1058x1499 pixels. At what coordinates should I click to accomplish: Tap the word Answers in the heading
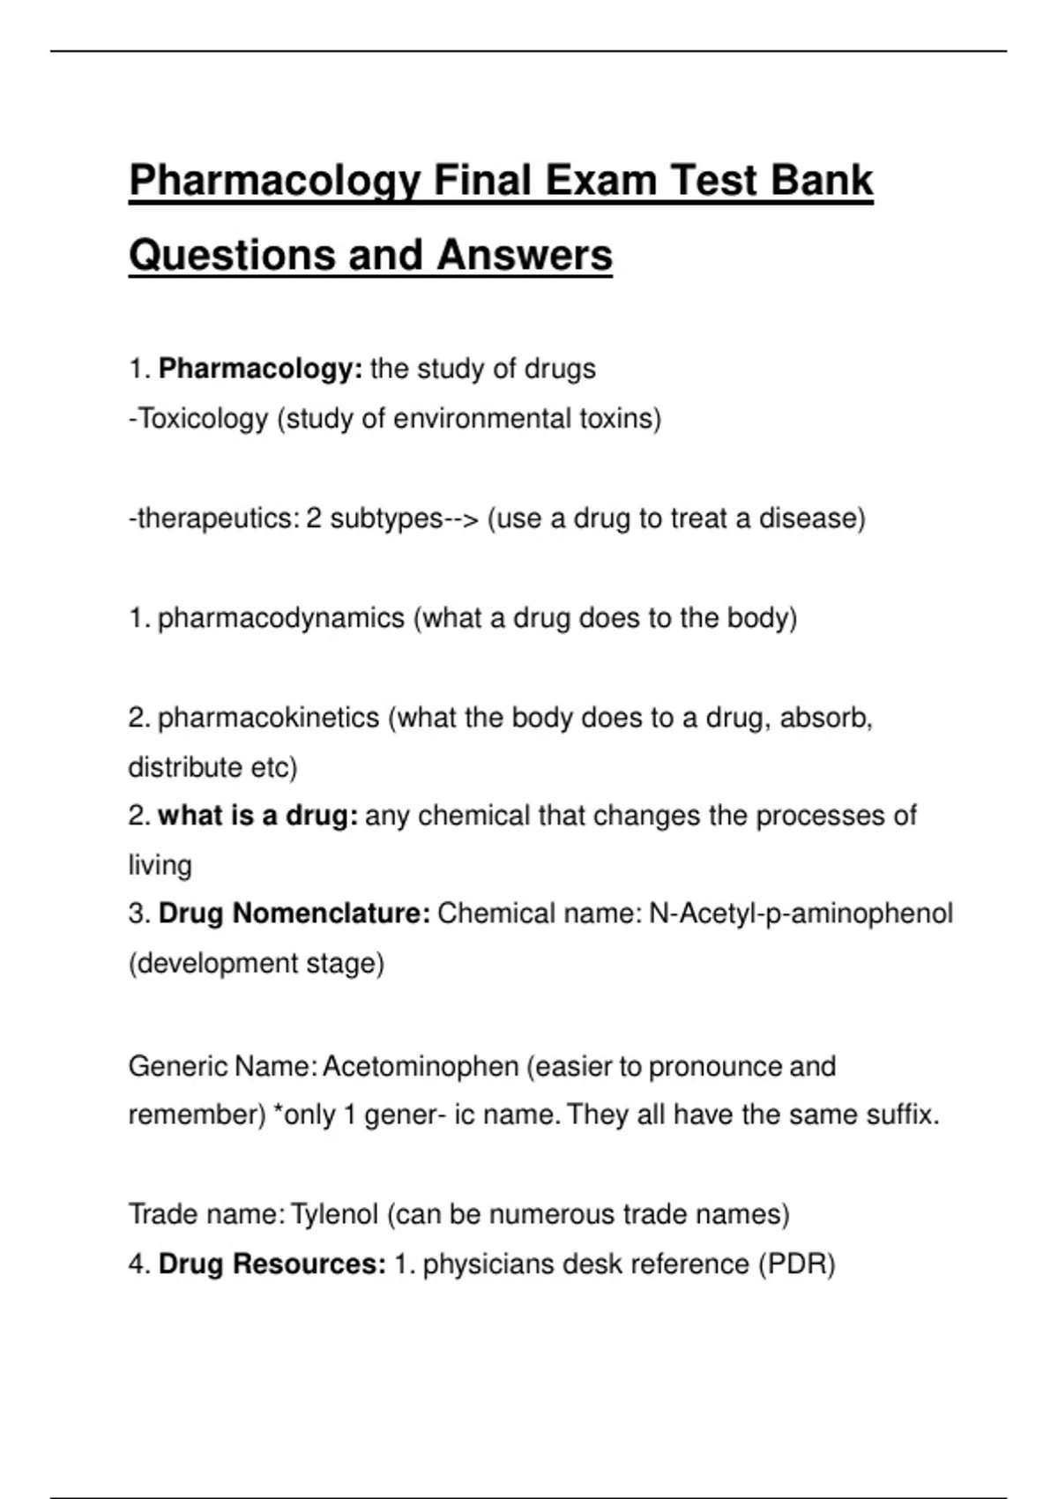pyautogui.click(x=524, y=255)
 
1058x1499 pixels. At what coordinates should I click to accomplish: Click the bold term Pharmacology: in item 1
pyautogui.click(x=260, y=369)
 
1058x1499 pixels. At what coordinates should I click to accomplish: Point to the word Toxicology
pyautogui.click(x=202, y=418)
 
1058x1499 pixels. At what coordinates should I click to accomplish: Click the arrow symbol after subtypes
pyautogui.click(x=461, y=518)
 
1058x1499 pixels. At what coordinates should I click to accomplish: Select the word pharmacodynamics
pyautogui.click(x=280, y=618)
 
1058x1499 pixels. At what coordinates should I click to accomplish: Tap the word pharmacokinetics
pyautogui.click(x=268, y=718)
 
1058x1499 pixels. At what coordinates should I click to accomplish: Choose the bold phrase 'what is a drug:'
pyautogui.click(x=257, y=816)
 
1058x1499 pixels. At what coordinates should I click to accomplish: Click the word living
pyautogui.click(x=160, y=865)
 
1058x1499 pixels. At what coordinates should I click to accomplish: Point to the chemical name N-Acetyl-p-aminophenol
pyautogui.click(x=801, y=914)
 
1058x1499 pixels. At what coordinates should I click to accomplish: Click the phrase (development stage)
pyautogui.click(x=257, y=963)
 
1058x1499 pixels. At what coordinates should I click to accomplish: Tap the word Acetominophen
pyautogui.click(x=421, y=1066)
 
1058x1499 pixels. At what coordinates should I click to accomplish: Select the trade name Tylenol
pyautogui.click(x=334, y=1214)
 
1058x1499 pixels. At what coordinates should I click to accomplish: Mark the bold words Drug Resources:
pyautogui.click(x=272, y=1264)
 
